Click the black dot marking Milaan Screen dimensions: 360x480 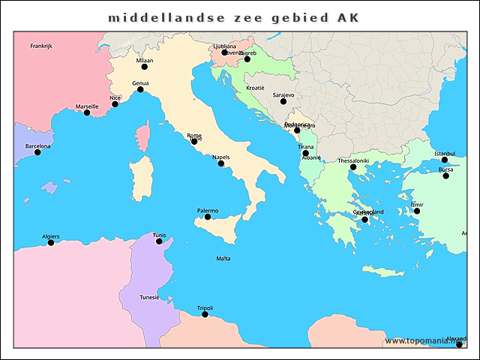click(x=145, y=67)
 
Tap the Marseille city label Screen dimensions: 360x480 click(x=86, y=106)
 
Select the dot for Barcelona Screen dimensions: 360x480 click(x=37, y=152)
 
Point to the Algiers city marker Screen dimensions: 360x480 click(x=51, y=242)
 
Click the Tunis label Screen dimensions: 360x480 click(x=159, y=235)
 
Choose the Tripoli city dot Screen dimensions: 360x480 click(x=205, y=314)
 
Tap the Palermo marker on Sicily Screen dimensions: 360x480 click(x=207, y=217)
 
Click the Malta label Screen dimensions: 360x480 click(x=223, y=259)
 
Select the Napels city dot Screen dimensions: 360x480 click(x=220, y=163)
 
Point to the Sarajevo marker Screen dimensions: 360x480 click(x=283, y=101)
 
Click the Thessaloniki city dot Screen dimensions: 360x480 click(x=353, y=166)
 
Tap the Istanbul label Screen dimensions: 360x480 click(x=445, y=154)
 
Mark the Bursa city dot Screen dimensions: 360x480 click(x=445, y=175)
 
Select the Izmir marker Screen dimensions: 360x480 click(x=417, y=211)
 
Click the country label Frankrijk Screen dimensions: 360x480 click(x=40, y=46)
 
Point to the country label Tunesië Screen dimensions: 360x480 click(x=149, y=298)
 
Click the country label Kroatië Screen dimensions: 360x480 click(x=256, y=88)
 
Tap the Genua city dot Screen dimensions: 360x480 click(x=140, y=89)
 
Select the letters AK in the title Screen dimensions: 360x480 click(x=347, y=16)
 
